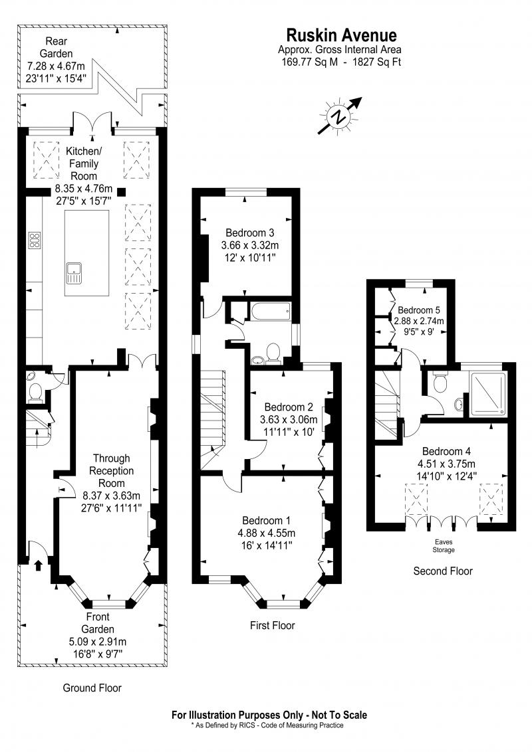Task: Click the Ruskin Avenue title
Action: pyautogui.click(x=341, y=35)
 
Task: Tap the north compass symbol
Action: pyautogui.click(x=340, y=116)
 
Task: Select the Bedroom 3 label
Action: pyautogui.click(x=249, y=233)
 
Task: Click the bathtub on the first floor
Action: pyautogui.click(x=270, y=312)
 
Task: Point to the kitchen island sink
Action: pyautogui.click(x=74, y=272)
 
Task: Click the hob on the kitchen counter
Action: pyautogui.click(x=34, y=241)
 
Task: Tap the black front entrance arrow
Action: pyautogui.click(x=39, y=565)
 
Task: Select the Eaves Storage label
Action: pyautogui.click(x=443, y=547)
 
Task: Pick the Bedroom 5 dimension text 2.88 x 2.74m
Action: pyautogui.click(x=419, y=321)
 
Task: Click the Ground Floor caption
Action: pyautogui.click(x=92, y=688)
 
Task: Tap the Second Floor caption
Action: pyautogui.click(x=443, y=571)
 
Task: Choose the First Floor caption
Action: pyautogui.click(x=272, y=625)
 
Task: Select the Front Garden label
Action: pyautogui.click(x=98, y=623)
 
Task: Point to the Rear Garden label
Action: pyautogui.click(x=56, y=47)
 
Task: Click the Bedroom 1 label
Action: pyautogui.click(x=266, y=520)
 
